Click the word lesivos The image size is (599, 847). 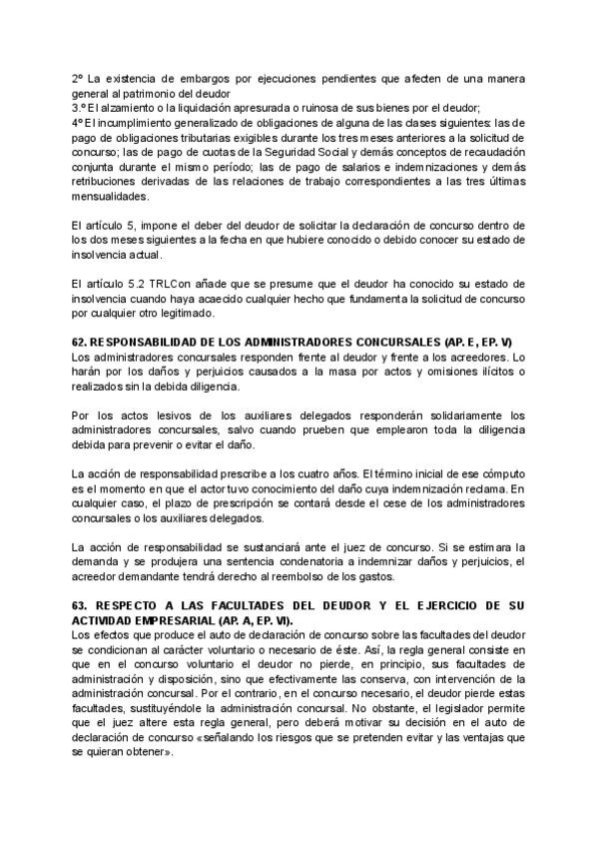tap(155, 416)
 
